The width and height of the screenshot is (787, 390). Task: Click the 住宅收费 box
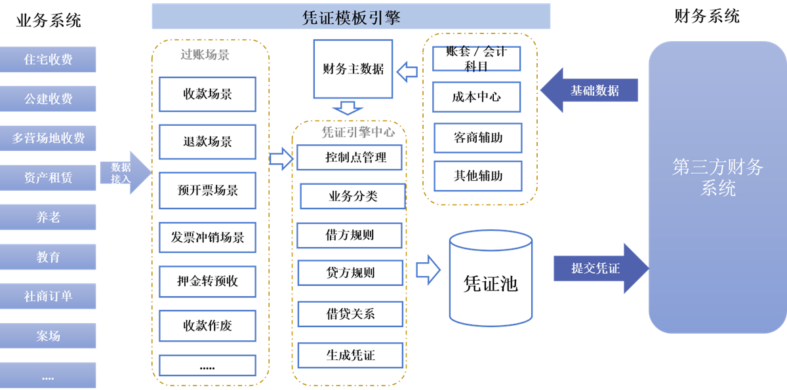click(x=48, y=60)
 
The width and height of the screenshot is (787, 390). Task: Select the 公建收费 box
click(x=48, y=99)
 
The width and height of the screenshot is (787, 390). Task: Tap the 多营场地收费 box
click(x=48, y=138)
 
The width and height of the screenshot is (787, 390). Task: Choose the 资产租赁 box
click(x=48, y=178)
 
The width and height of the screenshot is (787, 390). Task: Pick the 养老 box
click(x=48, y=217)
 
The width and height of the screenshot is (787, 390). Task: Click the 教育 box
click(x=48, y=257)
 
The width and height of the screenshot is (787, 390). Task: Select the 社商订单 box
click(x=48, y=296)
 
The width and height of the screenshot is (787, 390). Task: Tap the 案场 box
click(x=48, y=336)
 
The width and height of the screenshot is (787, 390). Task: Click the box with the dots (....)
click(x=48, y=376)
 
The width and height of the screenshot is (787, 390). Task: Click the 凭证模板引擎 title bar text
click(x=351, y=18)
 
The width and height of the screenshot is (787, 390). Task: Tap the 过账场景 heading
click(x=205, y=55)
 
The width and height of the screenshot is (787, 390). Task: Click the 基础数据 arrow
click(x=590, y=90)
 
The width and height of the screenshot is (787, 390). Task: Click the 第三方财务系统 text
click(x=717, y=177)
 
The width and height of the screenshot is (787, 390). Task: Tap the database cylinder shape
click(x=490, y=278)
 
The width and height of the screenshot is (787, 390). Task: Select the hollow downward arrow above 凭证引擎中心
click(x=348, y=107)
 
